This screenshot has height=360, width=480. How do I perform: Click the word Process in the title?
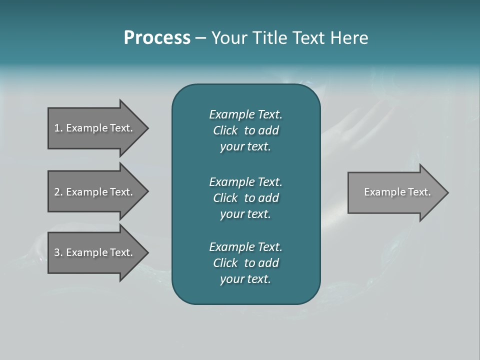[x=157, y=38]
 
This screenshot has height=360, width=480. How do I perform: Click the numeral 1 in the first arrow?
[x=57, y=128]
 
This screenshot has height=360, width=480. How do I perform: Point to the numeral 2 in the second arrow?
[x=57, y=192]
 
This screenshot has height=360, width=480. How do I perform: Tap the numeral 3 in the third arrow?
[x=57, y=252]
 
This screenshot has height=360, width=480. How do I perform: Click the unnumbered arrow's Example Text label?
[x=397, y=192]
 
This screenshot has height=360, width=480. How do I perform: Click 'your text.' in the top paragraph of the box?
[x=245, y=147]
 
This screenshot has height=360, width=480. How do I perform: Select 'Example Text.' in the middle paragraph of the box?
[x=245, y=182]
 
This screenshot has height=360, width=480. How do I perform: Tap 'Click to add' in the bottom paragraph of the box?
[x=245, y=263]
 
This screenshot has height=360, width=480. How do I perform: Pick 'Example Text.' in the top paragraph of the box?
[x=245, y=114]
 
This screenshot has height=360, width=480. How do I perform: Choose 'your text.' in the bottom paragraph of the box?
[x=245, y=279]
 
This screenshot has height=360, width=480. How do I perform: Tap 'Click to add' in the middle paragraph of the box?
[x=245, y=198]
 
